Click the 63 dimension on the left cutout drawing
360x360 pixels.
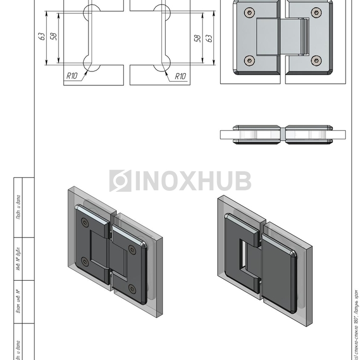(41, 37)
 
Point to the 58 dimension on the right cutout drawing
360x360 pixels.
(197, 39)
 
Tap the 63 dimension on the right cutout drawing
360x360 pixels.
(209, 39)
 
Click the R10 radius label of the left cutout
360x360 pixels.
(71, 76)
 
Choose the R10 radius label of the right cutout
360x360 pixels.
(180, 76)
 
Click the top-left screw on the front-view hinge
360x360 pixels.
(250, 12)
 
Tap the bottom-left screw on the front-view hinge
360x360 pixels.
(250, 61)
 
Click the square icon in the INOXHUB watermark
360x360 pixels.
(120, 181)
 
